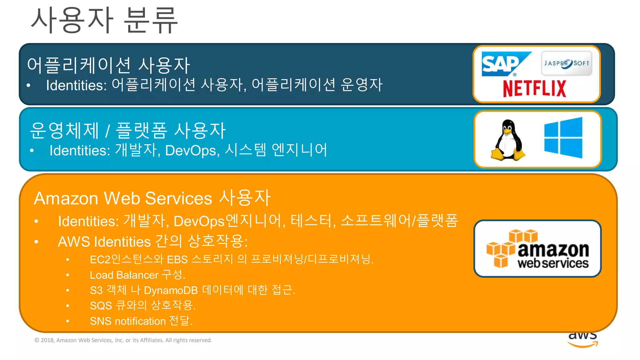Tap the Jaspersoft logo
(566, 63)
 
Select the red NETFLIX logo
(534, 88)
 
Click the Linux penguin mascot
(508, 140)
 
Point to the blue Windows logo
(563, 138)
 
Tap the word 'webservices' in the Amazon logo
(553, 263)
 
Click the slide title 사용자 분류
(104, 21)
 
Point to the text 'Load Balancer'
(124, 275)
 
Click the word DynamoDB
(171, 290)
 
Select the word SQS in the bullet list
(101, 306)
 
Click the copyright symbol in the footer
(37, 340)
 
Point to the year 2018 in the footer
(47, 340)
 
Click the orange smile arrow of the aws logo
(583, 345)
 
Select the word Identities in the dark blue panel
(76, 85)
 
